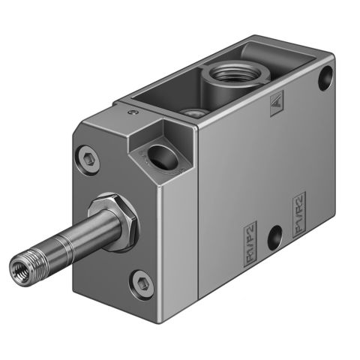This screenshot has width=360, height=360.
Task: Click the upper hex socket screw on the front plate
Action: [85, 157]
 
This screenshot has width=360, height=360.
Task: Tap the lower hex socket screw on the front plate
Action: [142, 283]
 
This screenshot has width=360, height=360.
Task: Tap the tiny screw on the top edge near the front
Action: [132, 113]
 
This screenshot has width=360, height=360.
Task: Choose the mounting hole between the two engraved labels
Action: [275, 234]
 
